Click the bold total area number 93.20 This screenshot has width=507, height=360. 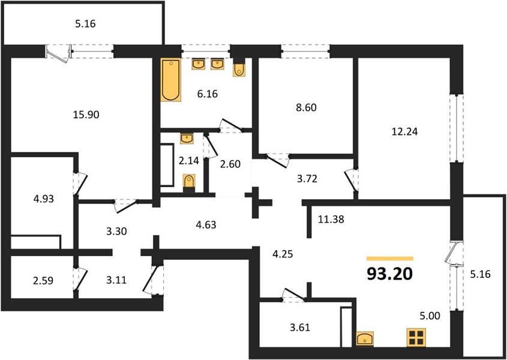tap(389, 274)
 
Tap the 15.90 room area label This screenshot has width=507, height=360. tap(86, 115)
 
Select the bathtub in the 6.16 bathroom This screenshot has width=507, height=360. tap(171, 80)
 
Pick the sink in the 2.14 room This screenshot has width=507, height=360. tap(187, 139)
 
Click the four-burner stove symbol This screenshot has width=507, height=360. tap(416, 337)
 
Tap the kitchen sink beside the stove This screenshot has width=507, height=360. tap(365, 339)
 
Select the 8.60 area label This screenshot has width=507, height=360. tap(306, 107)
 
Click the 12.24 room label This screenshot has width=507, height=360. tap(404, 131)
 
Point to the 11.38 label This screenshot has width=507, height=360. tap(331, 220)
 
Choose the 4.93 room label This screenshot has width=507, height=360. tap(43, 199)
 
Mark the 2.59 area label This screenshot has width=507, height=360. tap(43, 281)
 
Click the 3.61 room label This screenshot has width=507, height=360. tap(299, 328)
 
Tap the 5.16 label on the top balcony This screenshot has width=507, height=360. tap(85, 24)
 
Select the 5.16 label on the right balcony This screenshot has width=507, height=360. tap(480, 275)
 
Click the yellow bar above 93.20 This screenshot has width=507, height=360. tap(389, 259)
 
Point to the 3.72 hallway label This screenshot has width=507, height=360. tap(307, 178)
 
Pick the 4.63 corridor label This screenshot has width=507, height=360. tap(206, 224)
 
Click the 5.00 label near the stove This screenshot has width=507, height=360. tap(430, 316)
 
